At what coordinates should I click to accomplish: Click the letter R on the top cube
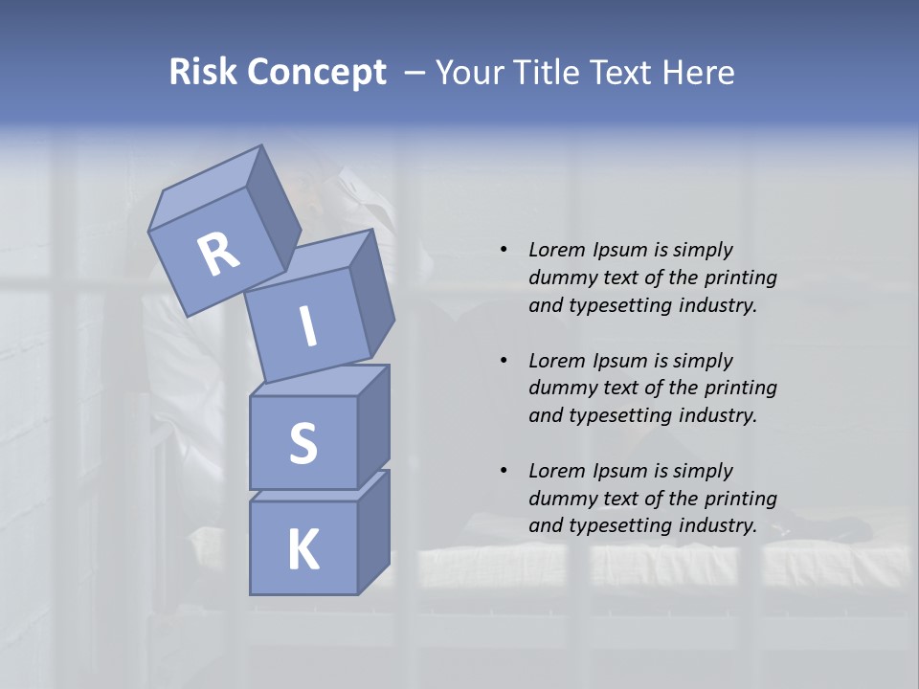(x=218, y=254)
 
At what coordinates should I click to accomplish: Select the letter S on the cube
(x=303, y=443)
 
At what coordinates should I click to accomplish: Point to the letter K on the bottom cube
(x=303, y=550)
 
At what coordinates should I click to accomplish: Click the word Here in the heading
(x=702, y=73)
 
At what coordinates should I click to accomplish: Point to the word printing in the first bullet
(x=740, y=278)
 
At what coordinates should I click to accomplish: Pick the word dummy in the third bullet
(x=559, y=499)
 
